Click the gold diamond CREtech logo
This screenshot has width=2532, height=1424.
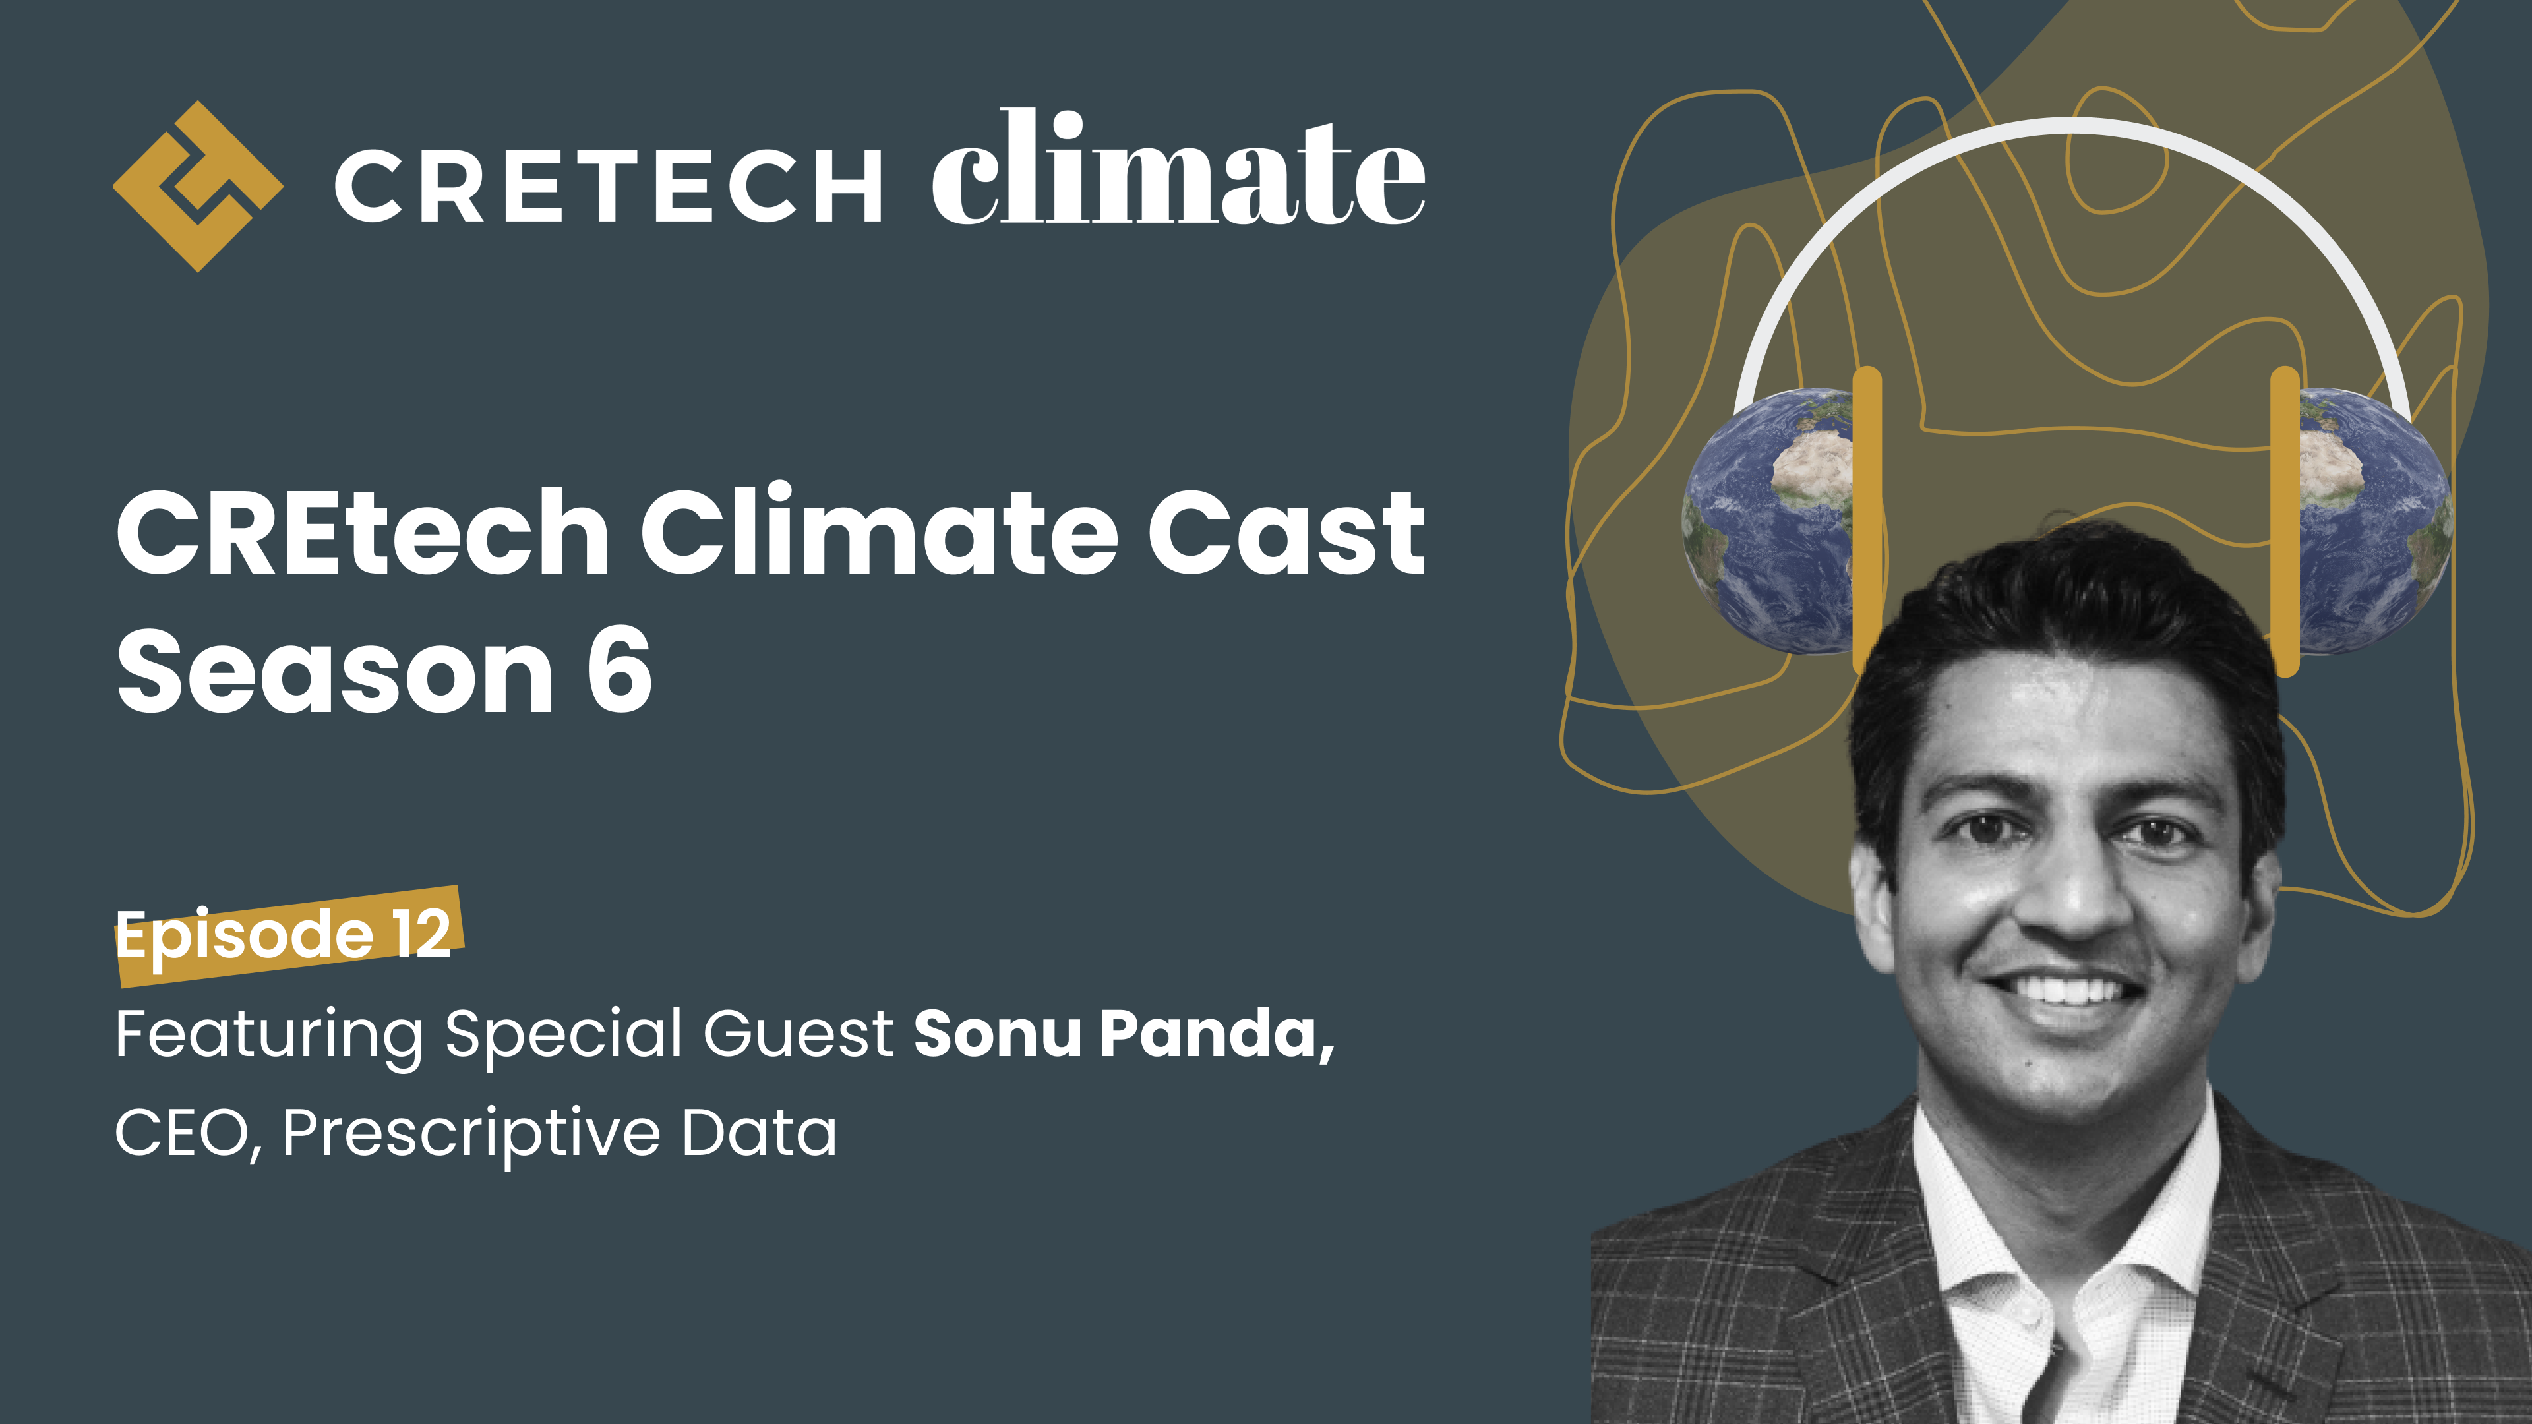[198, 186]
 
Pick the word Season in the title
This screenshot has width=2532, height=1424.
[334, 672]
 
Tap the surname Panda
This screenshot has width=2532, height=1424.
[1215, 1035]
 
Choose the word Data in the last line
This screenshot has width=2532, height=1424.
[759, 1133]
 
